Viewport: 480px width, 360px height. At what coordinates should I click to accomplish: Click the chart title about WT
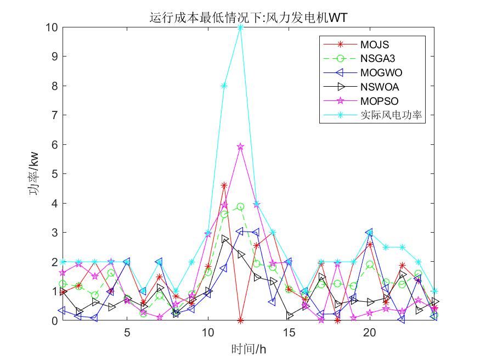(249, 18)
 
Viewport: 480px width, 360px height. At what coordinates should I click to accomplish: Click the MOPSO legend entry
(379, 101)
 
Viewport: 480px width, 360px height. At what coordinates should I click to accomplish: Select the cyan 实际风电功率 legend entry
(392, 115)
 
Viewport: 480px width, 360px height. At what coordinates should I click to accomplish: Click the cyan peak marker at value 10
(240, 27)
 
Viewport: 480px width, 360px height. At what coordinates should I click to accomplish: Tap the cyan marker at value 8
(224, 86)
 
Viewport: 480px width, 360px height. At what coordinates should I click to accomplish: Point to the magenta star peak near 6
(240, 147)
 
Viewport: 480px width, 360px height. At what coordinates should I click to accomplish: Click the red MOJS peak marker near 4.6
(224, 185)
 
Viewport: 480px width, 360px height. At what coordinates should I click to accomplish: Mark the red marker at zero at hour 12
(240, 320)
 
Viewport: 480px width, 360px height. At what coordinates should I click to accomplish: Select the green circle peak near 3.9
(240, 206)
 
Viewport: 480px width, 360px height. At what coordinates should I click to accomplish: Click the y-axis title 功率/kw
(35, 173)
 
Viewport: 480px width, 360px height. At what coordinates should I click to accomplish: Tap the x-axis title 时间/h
(249, 348)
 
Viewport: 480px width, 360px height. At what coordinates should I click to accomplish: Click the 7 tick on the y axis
(52, 115)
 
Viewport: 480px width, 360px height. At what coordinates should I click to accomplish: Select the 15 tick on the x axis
(289, 332)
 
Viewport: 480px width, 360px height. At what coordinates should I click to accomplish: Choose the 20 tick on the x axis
(370, 332)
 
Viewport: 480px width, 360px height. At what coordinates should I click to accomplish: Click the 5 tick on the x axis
(127, 332)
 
